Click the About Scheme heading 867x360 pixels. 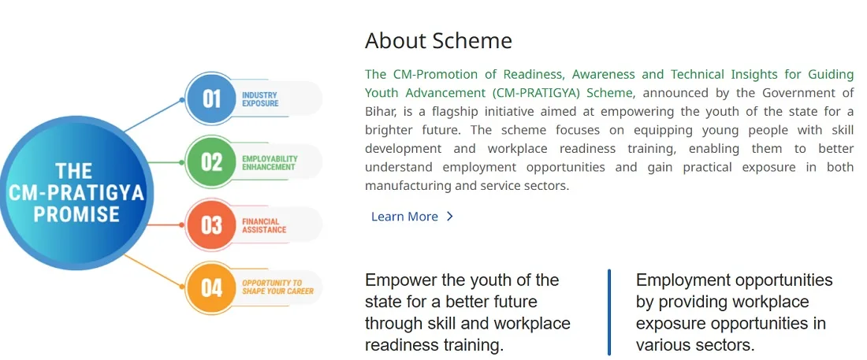[438, 41]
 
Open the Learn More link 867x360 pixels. [404, 216]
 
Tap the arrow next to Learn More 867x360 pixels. [449, 216]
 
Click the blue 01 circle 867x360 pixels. [210, 99]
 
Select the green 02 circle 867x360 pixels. [210, 162]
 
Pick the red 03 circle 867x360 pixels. [210, 225]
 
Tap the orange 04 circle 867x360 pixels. [210, 288]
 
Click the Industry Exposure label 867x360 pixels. [260, 99]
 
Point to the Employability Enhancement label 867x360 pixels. [270, 162]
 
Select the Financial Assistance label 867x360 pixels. [264, 225]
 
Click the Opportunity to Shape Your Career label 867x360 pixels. [277, 287]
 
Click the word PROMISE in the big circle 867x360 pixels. [76, 214]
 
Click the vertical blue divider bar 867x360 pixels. [608, 312]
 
